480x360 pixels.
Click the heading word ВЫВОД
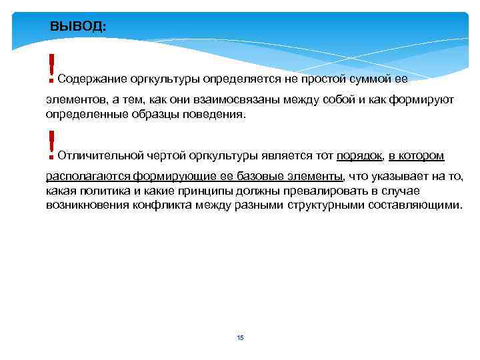coord(77,27)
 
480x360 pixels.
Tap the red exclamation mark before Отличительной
coord(50,145)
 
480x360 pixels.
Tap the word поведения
coord(212,114)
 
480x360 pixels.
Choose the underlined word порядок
coord(359,156)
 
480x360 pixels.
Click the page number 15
coord(240,338)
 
